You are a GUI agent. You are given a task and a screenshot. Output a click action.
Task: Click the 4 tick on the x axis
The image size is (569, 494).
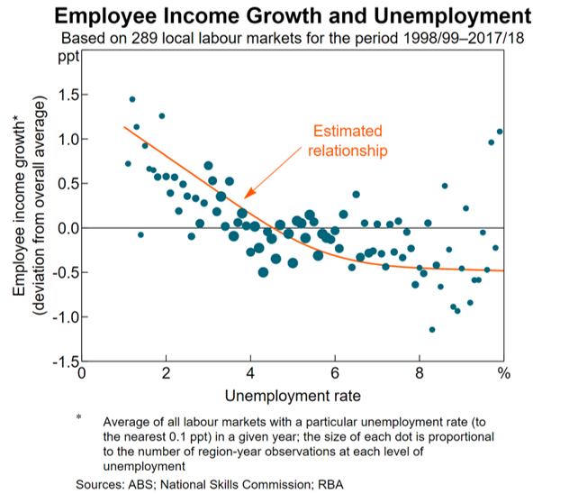tap(250, 372)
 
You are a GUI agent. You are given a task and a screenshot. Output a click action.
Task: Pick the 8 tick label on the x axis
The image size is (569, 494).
tap(420, 372)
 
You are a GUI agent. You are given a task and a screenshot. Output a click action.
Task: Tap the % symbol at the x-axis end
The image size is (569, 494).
tap(504, 372)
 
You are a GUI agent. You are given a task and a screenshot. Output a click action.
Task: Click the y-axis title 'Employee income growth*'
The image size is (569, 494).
tap(19, 206)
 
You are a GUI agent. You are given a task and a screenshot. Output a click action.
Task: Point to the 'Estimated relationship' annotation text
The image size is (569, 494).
tap(348, 141)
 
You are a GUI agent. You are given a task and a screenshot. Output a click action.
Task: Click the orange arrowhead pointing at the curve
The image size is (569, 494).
tap(247, 195)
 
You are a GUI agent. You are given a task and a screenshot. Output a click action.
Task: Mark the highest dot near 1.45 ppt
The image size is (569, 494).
tap(132, 99)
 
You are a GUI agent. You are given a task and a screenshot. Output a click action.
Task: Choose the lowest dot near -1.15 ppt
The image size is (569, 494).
tap(432, 330)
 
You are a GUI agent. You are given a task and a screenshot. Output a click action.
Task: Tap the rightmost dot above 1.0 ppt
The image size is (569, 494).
tap(500, 132)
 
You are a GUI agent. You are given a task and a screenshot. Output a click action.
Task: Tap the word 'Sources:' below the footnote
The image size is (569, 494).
tap(101, 484)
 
